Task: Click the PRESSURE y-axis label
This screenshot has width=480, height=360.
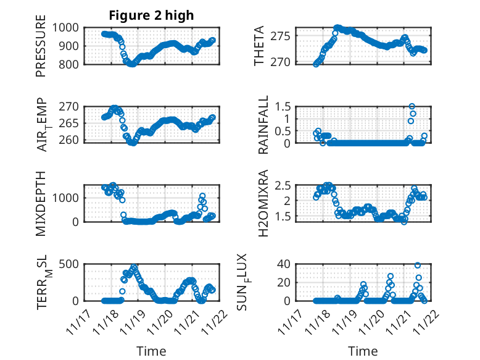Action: (41, 51)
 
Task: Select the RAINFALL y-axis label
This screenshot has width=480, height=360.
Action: (263, 125)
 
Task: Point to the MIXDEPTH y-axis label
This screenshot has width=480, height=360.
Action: (41, 203)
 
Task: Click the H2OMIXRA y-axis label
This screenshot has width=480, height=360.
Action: (263, 203)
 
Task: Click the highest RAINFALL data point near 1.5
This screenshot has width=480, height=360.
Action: (412, 106)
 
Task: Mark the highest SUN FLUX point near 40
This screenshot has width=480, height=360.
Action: (418, 265)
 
